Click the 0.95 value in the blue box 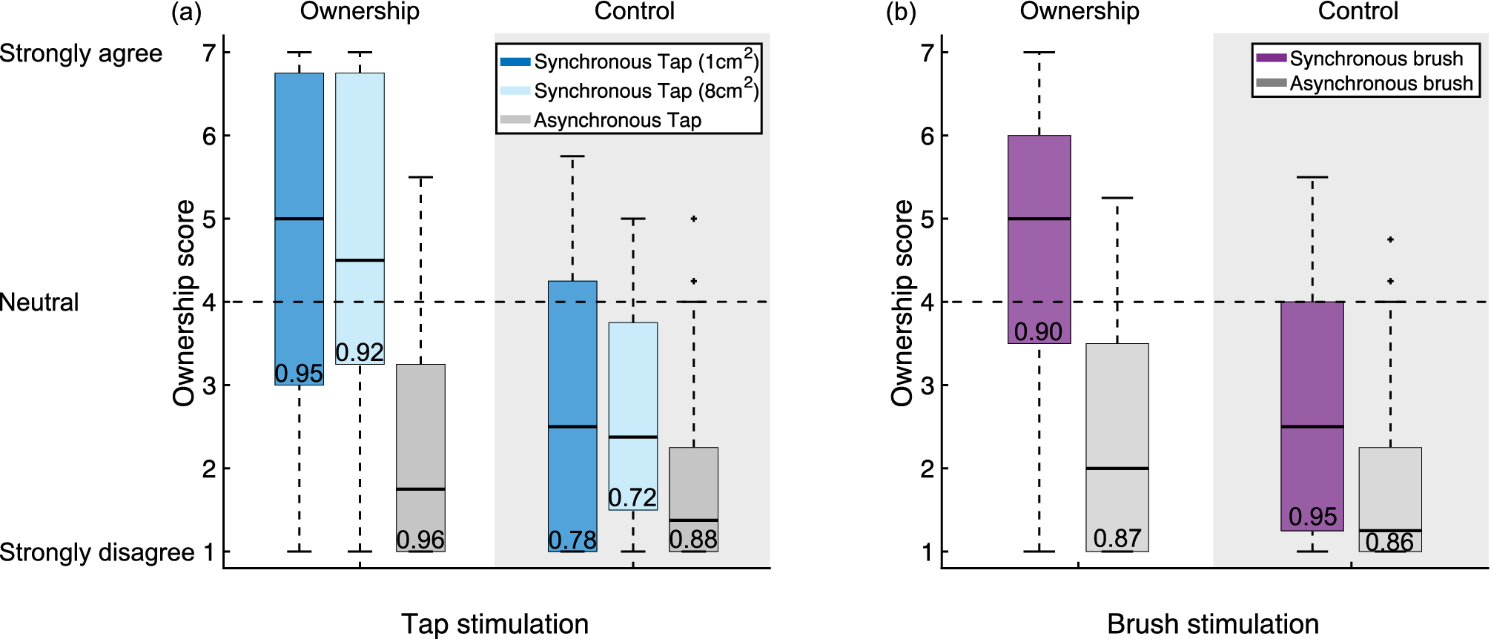[x=299, y=374]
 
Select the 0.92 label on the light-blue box [x=360, y=352]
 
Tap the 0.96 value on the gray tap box [x=420, y=540]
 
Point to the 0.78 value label [x=572, y=540]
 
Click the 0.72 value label [x=632, y=497]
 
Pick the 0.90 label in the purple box [x=1038, y=331]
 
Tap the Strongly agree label [x=81, y=53]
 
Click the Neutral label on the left [x=39, y=302]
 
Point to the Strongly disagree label [x=97, y=552]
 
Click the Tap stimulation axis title [x=495, y=623]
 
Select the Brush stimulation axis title [x=1212, y=623]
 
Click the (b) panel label [x=901, y=13]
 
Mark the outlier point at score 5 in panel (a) [x=693, y=219]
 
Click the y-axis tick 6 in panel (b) [x=927, y=136]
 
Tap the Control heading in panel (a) [x=634, y=11]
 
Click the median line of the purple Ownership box [x=1039, y=219]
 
